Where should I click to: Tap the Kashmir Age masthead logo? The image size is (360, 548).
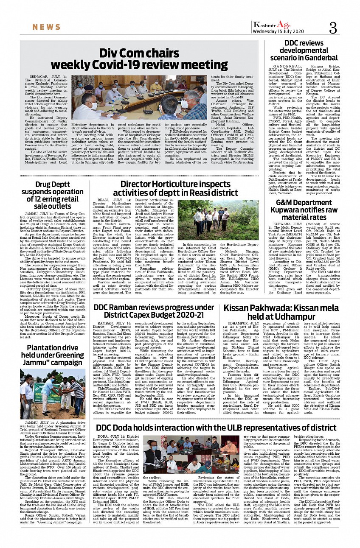click(272, 25)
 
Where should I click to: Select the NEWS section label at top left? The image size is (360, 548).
click(46, 27)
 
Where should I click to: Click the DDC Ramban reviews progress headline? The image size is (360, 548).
click(154, 311)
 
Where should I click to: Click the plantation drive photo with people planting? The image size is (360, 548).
click(52, 394)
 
